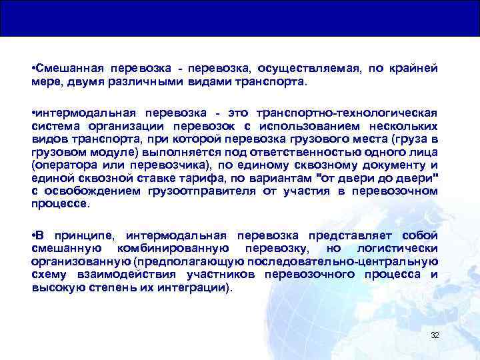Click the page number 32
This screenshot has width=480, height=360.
tap(435, 335)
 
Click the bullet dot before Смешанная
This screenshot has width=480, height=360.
tap(33, 68)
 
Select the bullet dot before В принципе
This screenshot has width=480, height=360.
tap(33, 235)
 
